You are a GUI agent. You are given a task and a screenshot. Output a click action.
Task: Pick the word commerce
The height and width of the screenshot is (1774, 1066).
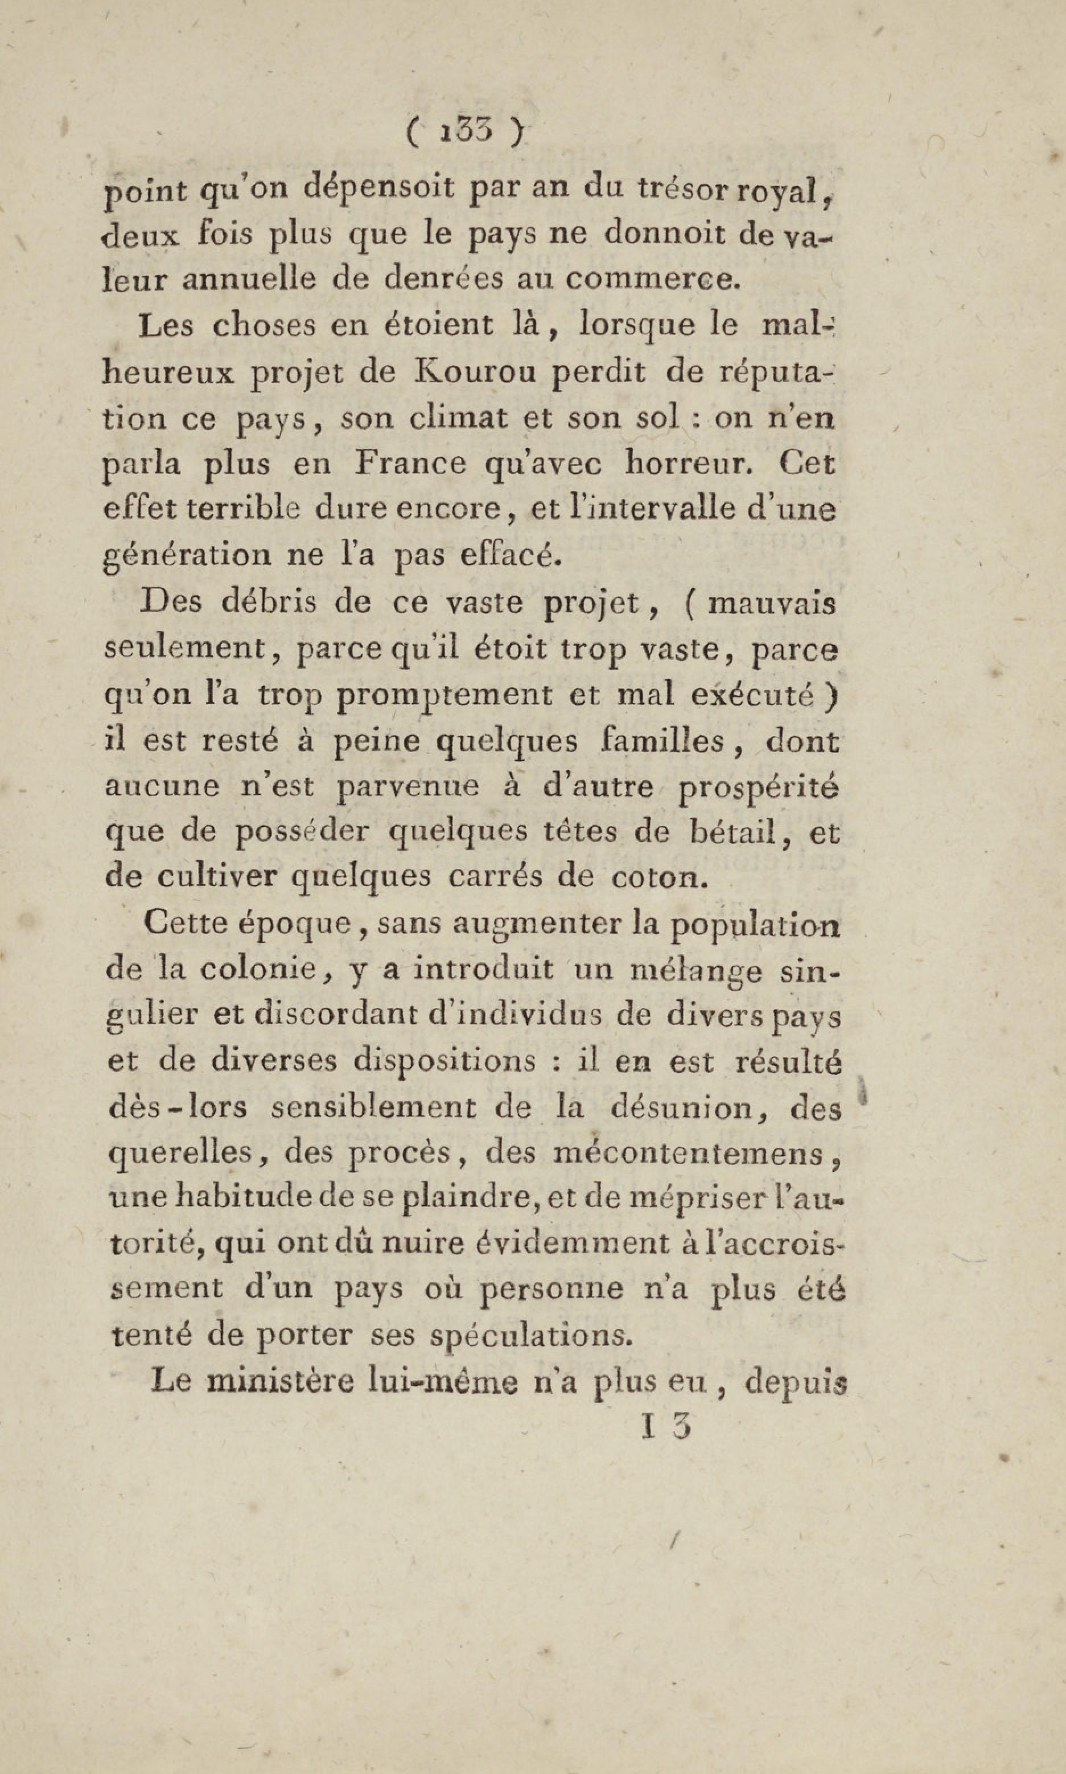[x=650, y=280]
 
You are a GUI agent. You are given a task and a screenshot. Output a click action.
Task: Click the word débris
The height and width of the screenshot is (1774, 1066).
[x=269, y=603]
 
